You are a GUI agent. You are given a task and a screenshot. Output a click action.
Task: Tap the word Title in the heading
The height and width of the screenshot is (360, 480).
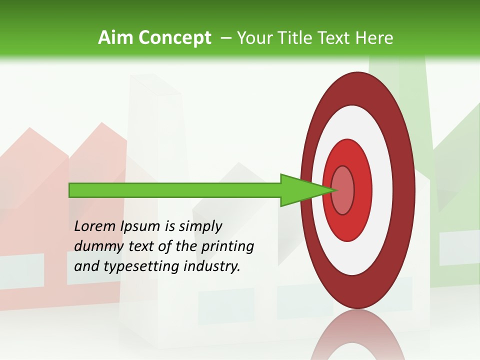[296, 37]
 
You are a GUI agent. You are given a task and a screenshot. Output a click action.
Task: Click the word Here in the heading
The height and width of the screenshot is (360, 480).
[374, 37]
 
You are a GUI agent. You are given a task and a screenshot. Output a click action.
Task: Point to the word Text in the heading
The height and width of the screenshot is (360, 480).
[335, 37]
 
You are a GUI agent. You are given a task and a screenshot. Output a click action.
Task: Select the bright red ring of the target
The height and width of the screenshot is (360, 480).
[362, 190]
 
